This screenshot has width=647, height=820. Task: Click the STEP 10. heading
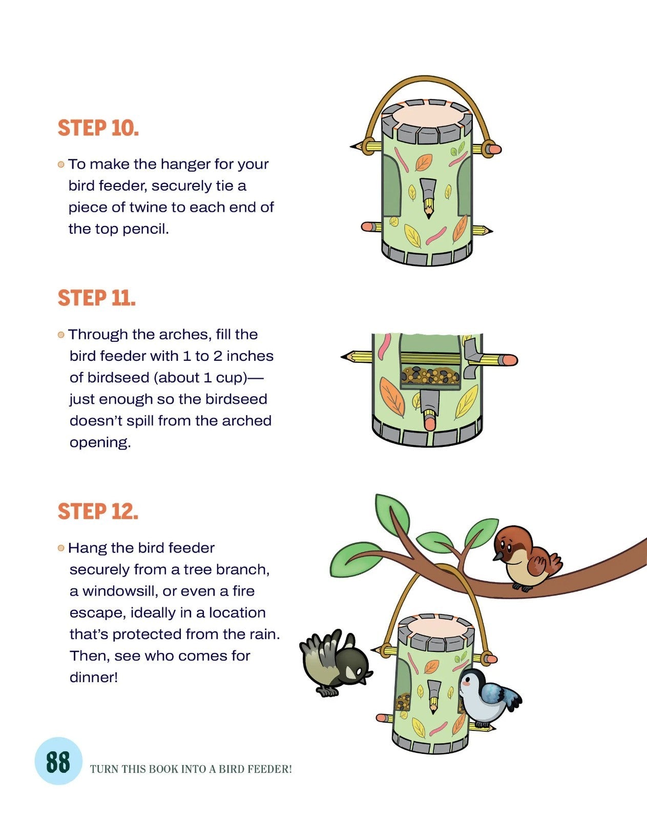click(x=98, y=128)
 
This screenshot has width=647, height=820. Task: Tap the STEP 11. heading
click(x=96, y=298)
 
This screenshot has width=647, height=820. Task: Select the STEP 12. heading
click(x=98, y=511)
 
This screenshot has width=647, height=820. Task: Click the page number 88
click(x=58, y=762)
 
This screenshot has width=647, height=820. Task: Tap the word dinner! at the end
click(x=94, y=678)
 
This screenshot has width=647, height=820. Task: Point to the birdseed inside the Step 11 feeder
click(x=430, y=375)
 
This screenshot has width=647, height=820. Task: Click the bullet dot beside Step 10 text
click(x=61, y=165)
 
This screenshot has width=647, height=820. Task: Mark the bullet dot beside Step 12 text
click(x=61, y=548)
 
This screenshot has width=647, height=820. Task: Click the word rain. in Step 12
click(x=265, y=634)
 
